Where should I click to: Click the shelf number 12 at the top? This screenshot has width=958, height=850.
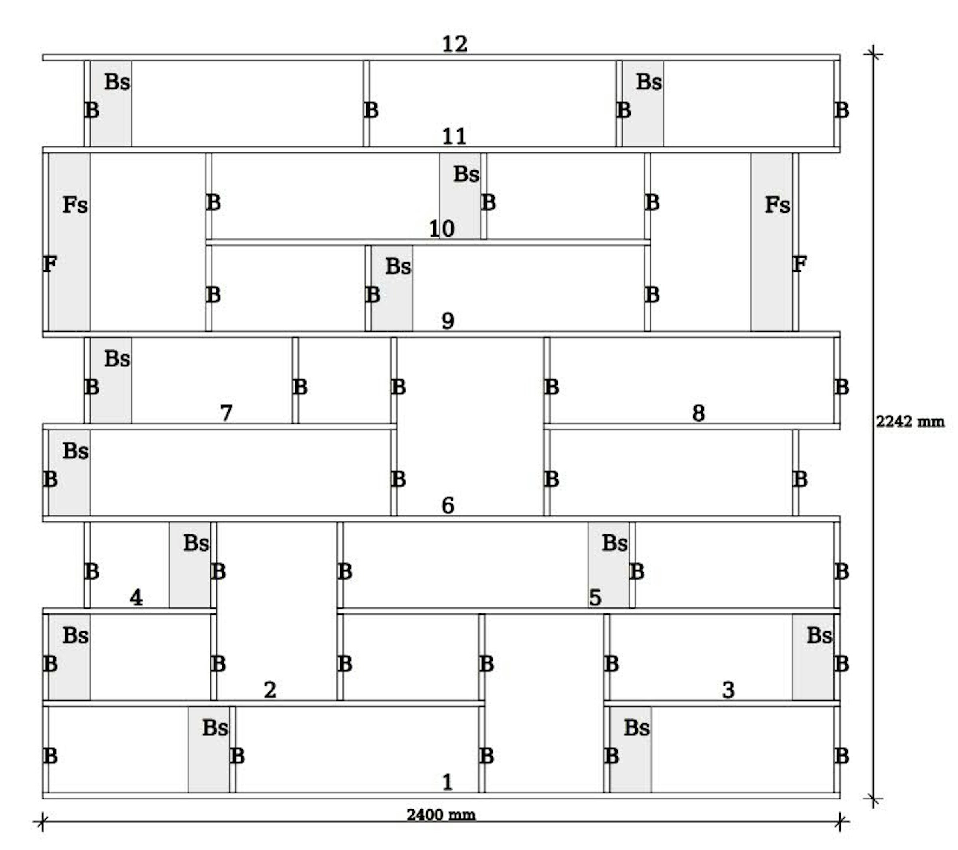pyautogui.click(x=455, y=45)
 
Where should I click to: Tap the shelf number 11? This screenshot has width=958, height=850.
pyautogui.click(x=454, y=137)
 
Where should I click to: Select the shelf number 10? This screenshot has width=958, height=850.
pyautogui.click(x=441, y=229)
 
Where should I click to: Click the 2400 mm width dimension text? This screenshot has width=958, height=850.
pyautogui.click(x=441, y=815)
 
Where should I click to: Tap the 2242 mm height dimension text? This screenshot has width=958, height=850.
pyautogui.click(x=910, y=422)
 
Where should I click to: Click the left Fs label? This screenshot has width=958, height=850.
pyautogui.click(x=75, y=205)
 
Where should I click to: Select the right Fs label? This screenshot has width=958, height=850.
pyautogui.click(x=778, y=205)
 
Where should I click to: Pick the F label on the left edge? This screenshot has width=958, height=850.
pyautogui.click(x=49, y=264)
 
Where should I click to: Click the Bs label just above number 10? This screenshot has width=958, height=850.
pyautogui.click(x=466, y=174)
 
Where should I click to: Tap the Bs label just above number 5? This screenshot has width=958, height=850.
pyautogui.click(x=614, y=543)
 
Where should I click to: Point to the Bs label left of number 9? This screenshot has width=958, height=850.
pyautogui.click(x=398, y=266)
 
